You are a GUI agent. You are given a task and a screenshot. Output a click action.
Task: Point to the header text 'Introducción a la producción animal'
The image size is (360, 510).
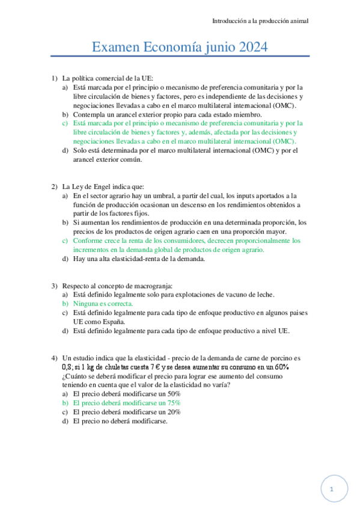click(260, 20)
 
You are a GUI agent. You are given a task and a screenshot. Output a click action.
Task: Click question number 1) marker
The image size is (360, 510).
click(54, 78)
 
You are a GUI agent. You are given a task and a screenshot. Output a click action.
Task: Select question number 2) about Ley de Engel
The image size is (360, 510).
click(54, 186)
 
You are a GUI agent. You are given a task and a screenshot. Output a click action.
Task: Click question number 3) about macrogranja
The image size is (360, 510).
click(54, 285)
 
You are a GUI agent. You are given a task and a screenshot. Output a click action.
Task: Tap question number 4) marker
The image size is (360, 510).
click(54, 357)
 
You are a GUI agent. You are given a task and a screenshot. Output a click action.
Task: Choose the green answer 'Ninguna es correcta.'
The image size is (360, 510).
click(103, 304)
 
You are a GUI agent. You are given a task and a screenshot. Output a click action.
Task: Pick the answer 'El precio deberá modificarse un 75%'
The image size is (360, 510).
click(127, 403)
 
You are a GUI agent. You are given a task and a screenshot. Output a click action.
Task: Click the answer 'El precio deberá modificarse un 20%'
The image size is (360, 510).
click(127, 412)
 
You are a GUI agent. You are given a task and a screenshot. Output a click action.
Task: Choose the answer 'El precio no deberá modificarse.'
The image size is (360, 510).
click(120, 421)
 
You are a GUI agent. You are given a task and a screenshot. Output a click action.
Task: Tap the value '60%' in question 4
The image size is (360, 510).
click(281, 367)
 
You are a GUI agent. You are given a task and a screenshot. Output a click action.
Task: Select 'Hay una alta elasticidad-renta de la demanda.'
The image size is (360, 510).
click(139, 259)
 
